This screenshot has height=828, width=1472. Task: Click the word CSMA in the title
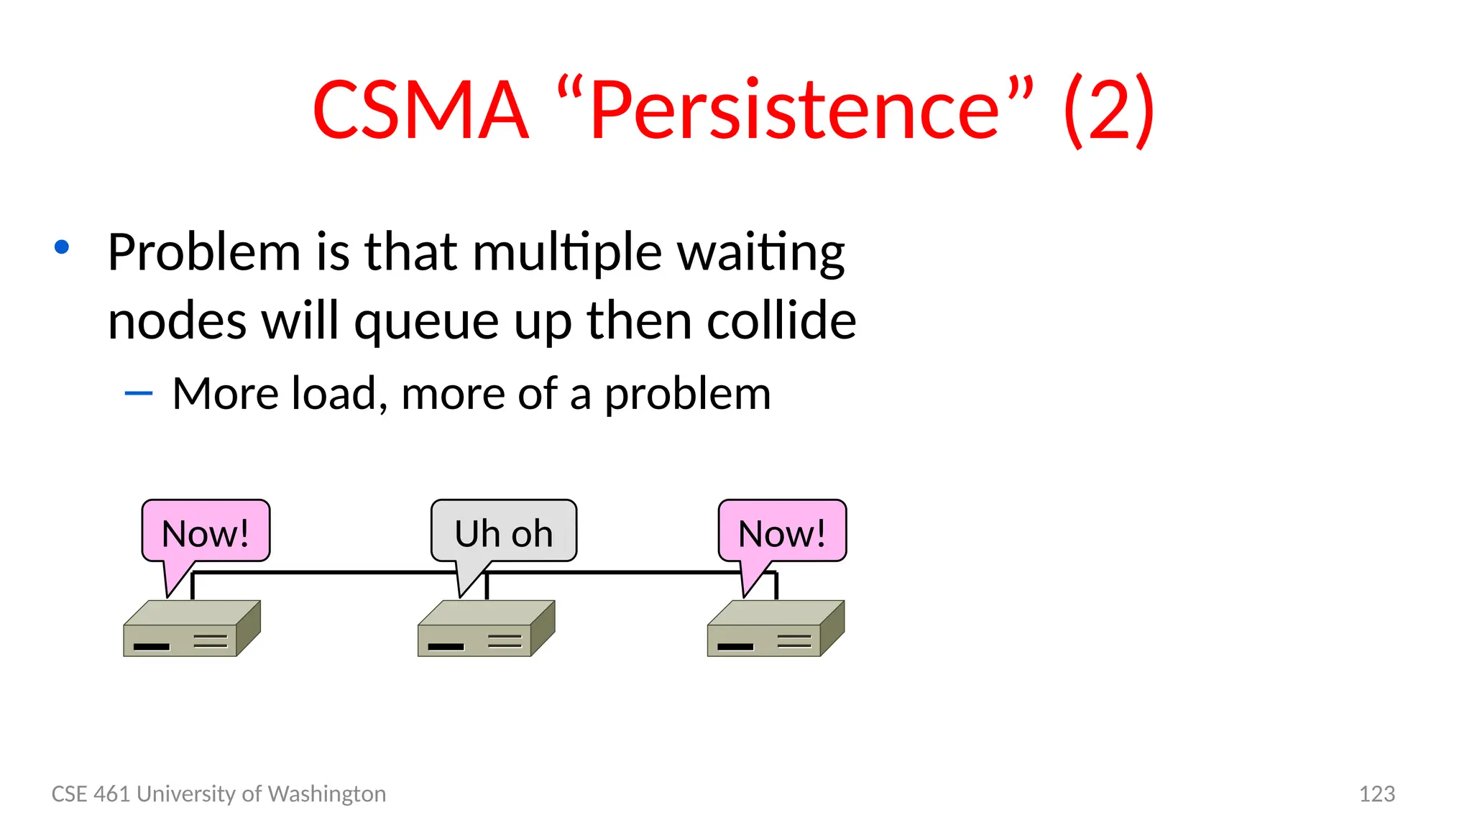(420, 110)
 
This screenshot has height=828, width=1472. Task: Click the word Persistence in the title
(794, 110)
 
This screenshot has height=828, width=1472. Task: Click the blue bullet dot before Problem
(62, 247)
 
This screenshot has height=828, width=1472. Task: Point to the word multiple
(567, 252)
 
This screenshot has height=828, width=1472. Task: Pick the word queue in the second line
(426, 321)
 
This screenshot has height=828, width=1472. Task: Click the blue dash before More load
(138, 393)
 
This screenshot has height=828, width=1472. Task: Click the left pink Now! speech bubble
(206, 532)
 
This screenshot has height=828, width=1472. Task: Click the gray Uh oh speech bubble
(503, 532)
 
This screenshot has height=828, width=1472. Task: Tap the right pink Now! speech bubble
(782, 532)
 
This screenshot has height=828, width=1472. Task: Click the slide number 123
(1376, 793)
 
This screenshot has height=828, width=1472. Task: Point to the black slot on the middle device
(446, 647)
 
